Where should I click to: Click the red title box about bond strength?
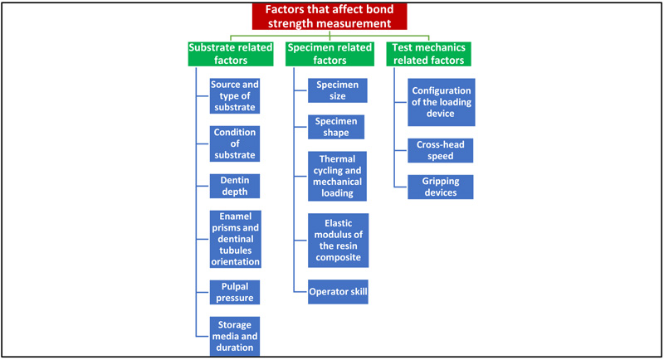click(330, 17)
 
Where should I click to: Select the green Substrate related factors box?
click(231, 54)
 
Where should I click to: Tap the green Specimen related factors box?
click(330, 54)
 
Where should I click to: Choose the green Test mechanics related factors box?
click(428, 54)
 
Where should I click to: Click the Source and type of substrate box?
click(235, 96)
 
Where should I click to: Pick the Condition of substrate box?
click(235, 144)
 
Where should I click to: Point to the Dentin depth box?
click(235, 186)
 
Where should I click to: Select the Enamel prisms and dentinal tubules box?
click(236, 239)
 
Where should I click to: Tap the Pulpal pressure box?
click(235, 292)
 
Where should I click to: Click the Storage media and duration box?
click(235, 336)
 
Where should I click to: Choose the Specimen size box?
click(338, 90)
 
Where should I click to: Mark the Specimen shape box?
click(336, 127)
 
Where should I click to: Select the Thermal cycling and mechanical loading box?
click(337, 176)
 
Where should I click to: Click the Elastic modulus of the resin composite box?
click(338, 241)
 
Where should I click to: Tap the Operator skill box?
click(338, 291)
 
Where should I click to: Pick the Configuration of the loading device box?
click(442, 102)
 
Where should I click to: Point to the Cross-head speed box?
click(441, 150)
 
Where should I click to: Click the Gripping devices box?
click(441, 187)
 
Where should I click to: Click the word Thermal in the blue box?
click(337, 159)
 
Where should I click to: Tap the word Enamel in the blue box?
click(236, 216)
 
